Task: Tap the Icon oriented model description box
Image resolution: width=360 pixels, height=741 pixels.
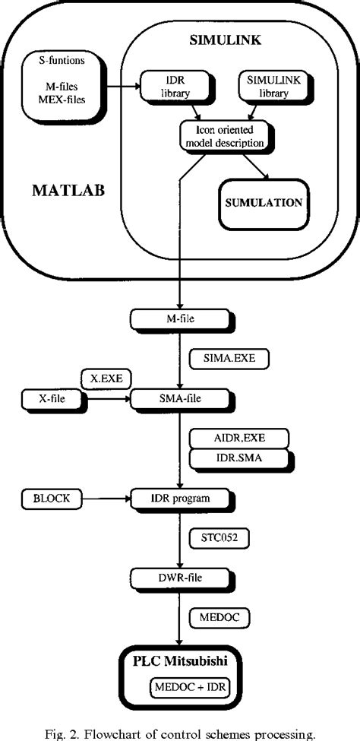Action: [x=226, y=135]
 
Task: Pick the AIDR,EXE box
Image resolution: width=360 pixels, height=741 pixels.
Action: [x=227, y=439]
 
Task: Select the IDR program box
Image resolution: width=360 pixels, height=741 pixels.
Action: [x=180, y=499]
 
